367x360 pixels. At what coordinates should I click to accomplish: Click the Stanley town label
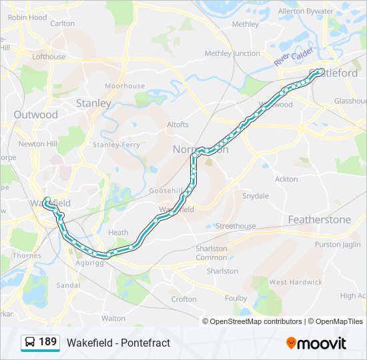click(x=93, y=103)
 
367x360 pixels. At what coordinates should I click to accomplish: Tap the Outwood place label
click(x=35, y=115)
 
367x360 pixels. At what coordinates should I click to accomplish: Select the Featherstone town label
click(x=319, y=219)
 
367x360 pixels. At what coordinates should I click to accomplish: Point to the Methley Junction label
click(x=232, y=53)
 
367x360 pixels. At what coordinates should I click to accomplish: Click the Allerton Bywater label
click(x=306, y=11)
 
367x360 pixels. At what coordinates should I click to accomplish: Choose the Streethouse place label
click(x=236, y=226)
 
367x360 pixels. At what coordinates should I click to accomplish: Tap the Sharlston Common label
click(x=212, y=253)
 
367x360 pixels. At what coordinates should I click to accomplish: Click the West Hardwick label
click(x=296, y=282)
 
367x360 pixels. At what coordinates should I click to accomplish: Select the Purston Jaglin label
click(x=338, y=245)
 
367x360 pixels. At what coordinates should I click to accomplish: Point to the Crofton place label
click(x=184, y=299)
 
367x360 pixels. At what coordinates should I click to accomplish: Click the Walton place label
click(x=113, y=318)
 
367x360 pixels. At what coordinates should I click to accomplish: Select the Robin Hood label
click(x=27, y=17)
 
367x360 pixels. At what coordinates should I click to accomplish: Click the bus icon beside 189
click(x=30, y=343)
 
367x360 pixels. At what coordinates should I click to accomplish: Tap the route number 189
click(x=48, y=342)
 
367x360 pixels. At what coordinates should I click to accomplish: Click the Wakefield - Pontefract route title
click(x=118, y=343)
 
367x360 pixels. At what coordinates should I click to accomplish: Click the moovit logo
click(x=316, y=343)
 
